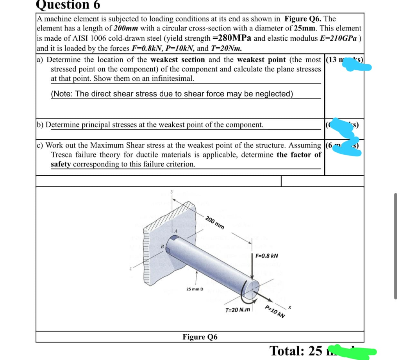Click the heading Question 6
[68, 5]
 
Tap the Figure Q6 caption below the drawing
[200, 337]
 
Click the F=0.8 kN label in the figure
[267, 256]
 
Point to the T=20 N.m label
[238, 310]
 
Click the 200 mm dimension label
[215, 222]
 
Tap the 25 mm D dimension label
[195, 289]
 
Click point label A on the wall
[176, 231]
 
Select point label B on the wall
[162, 246]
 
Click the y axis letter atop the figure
[171, 192]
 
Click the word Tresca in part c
[63, 154]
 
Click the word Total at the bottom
[289, 351]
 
